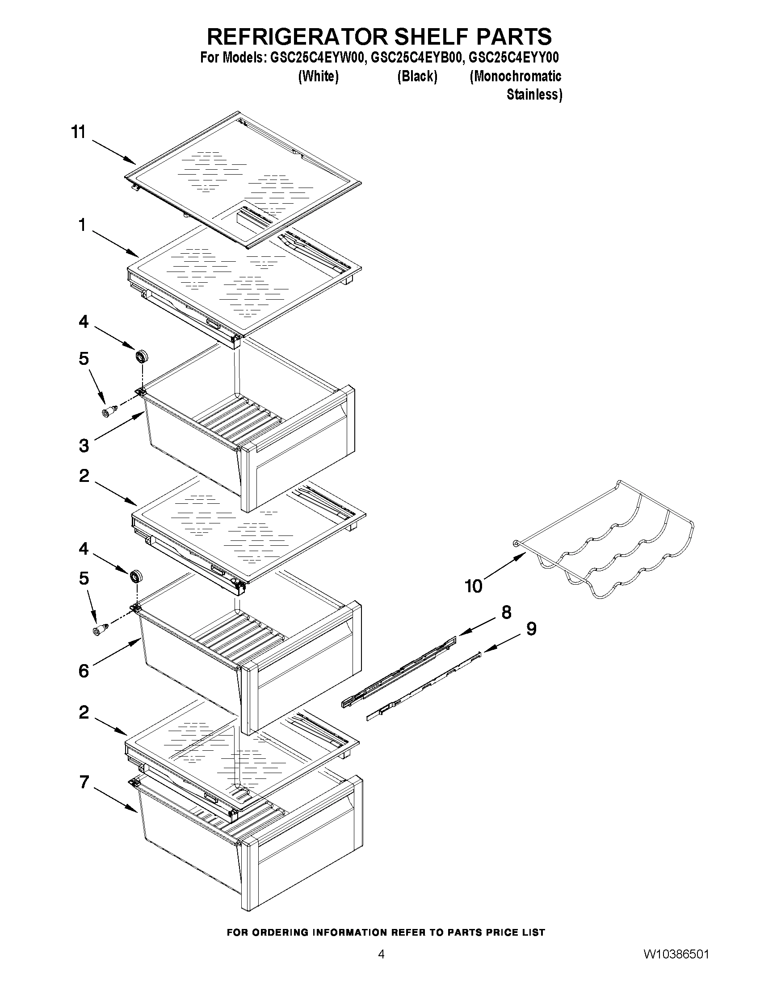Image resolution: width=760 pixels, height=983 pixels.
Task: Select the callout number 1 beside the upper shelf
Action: pos(82,225)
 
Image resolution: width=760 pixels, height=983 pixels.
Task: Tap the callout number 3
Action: pos(84,446)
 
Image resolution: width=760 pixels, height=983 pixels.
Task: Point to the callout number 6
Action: pos(84,671)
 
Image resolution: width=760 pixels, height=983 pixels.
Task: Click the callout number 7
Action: pos(84,783)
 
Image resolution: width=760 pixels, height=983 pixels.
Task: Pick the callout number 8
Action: pos(507,612)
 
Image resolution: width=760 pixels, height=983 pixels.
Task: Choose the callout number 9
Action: pos(531,629)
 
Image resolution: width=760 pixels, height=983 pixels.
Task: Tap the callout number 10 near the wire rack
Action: pos(474,586)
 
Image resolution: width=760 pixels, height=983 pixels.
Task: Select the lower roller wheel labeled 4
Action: pos(135,577)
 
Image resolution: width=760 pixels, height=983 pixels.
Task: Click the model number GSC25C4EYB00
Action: pos(417,58)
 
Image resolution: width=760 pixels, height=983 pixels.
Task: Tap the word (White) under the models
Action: pos(318,76)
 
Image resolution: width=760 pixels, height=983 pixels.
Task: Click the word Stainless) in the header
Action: pos(534,95)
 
